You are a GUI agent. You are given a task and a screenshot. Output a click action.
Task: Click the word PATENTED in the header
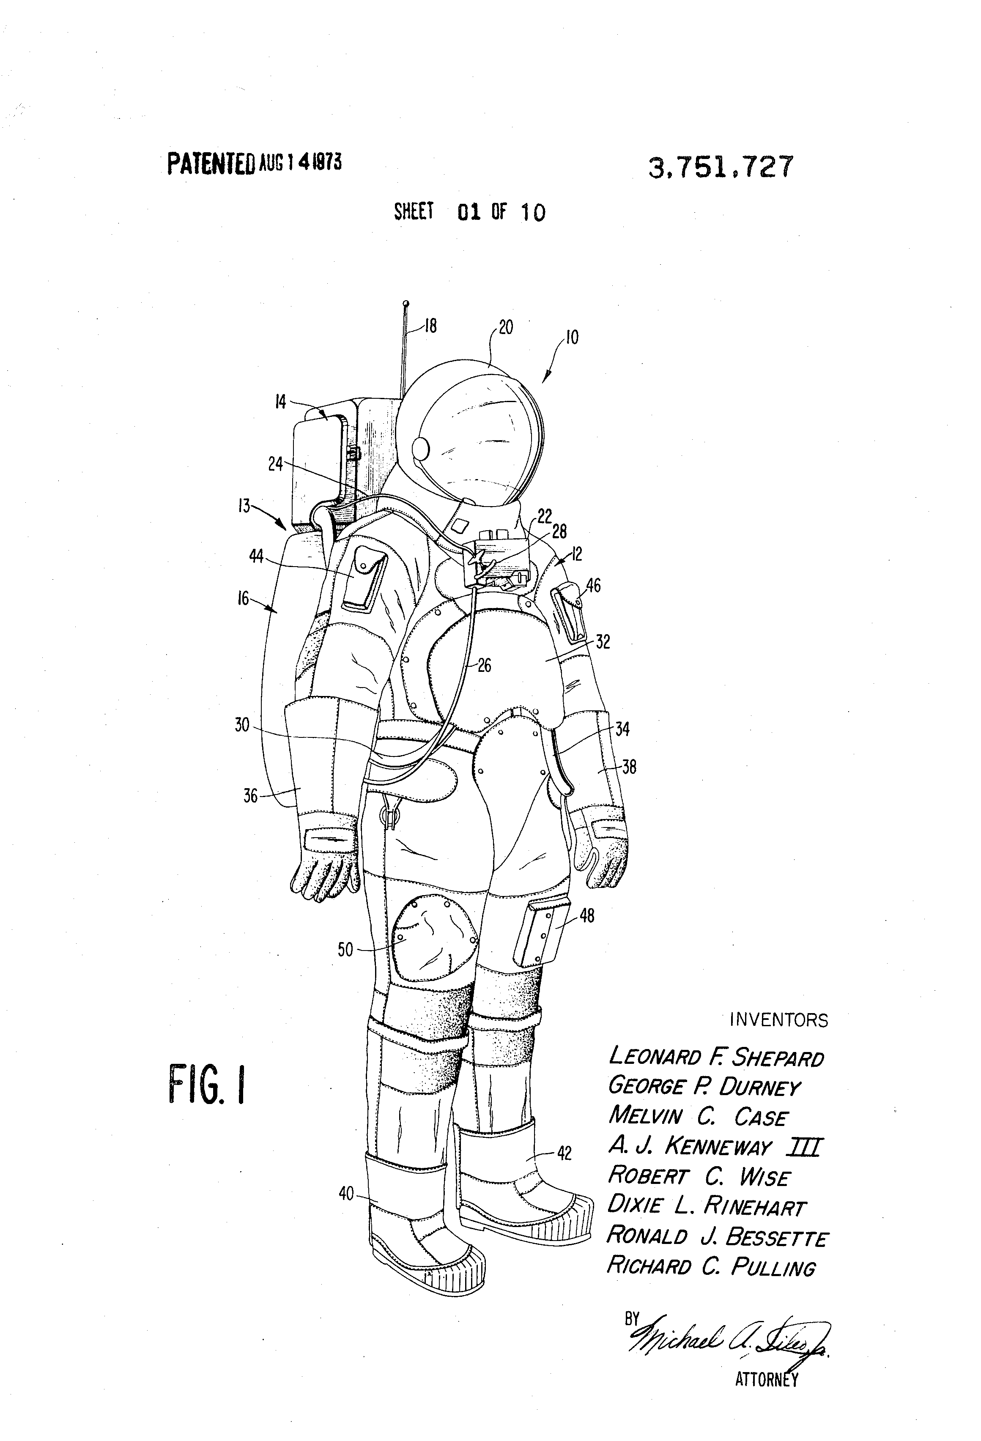pyautogui.click(x=211, y=164)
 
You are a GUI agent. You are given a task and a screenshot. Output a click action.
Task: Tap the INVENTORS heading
pyautogui.click(x=778, y=1020)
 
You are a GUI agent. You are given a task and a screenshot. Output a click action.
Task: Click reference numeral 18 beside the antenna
pyautogui.click(x=430, y=326)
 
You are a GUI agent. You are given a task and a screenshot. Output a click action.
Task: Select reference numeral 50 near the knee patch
pyautogui.click(x=345, y=949)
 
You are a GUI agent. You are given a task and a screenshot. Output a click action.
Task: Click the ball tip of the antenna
pyautogui.click(x=406, y=303)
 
